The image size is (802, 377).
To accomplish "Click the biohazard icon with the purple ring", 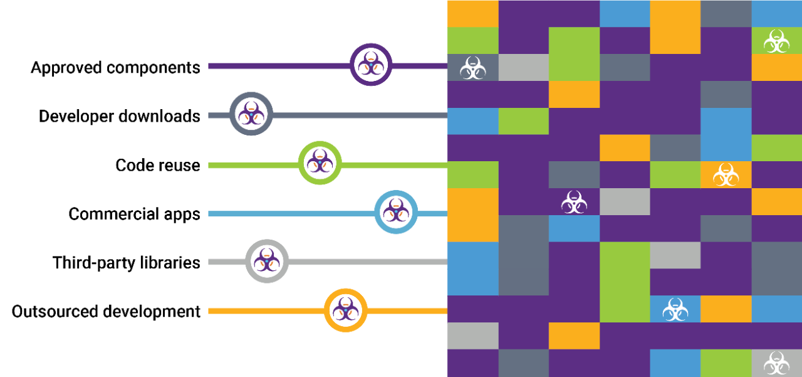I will click(x=371, y=65).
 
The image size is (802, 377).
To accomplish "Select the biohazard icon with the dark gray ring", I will click(x=251, y=114).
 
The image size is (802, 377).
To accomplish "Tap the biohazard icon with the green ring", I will click(x=320, y=163).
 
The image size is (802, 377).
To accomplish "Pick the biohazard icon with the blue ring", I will click(x=396, y=212).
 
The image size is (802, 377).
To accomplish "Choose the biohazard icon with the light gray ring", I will click(x=267, y=261).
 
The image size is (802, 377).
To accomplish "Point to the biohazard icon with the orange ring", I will click(x=346, y=310).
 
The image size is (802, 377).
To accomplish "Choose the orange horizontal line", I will click(x=263, y=311).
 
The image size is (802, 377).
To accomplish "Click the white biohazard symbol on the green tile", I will click(x=776, y=41).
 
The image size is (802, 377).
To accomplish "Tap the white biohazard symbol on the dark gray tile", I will click(x=472, y=68).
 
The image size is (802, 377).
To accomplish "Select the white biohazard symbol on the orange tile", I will click(x=726, y=175).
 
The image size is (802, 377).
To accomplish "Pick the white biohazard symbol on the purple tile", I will click(x=574, y=202).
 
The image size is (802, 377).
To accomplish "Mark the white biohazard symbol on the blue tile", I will click(x=675, y=309).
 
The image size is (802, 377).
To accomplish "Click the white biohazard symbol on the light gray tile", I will click(x=776, y=363).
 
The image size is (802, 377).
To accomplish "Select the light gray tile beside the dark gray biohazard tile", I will click(x=523, y=68).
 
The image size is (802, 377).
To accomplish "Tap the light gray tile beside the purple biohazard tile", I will click(x=625, y=202).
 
